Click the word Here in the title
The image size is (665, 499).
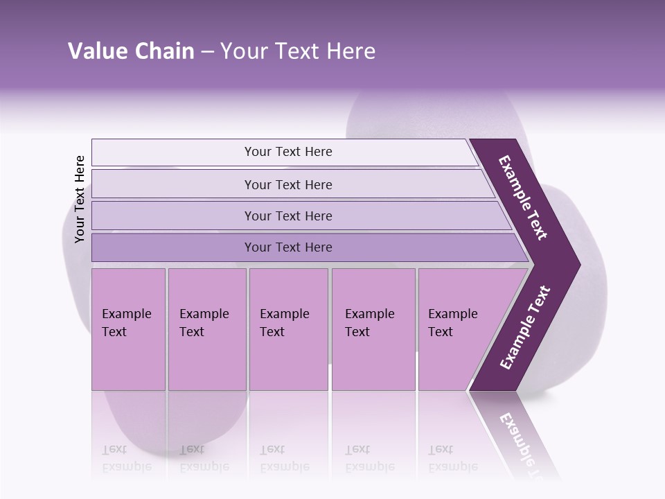click(x=351, y=51)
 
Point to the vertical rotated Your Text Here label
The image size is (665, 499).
click(x=80, y=199)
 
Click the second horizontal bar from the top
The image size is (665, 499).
click(x=288, y=184)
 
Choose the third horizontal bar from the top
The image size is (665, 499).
click(x=288, y=216)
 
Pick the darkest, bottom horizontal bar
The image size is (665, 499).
click(x=288, y=247)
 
